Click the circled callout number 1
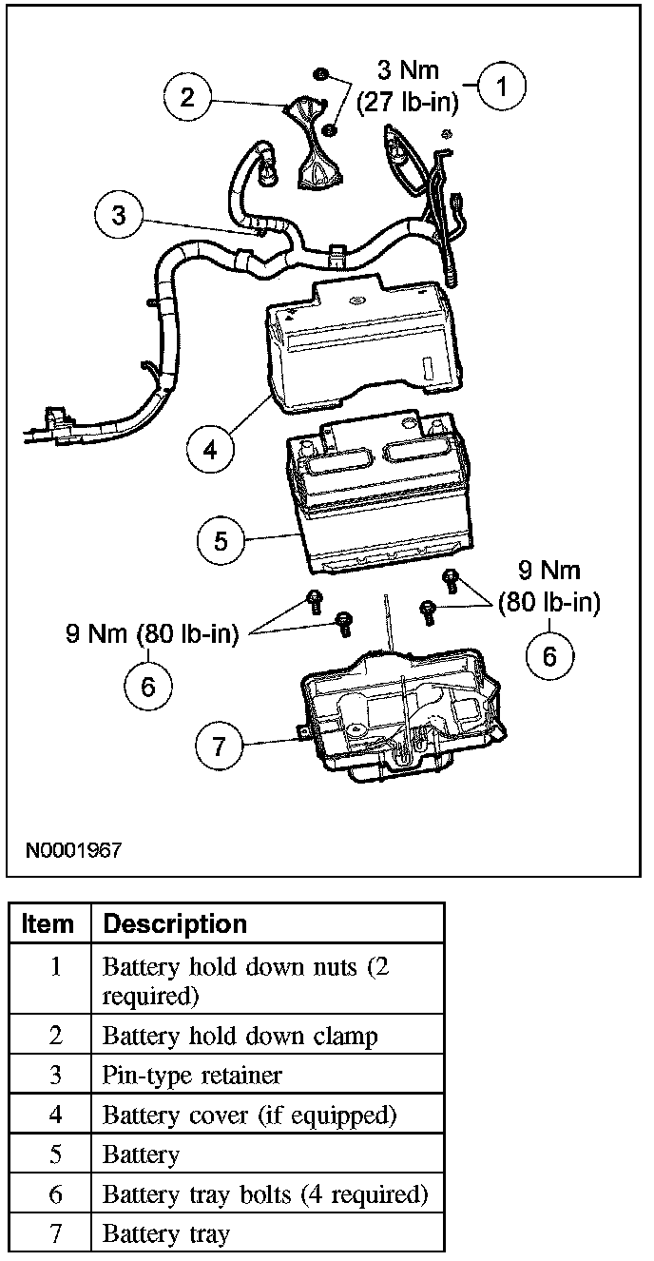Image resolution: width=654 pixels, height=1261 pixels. tap(504, 87)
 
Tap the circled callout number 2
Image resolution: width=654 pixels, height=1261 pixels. tap(189, 98)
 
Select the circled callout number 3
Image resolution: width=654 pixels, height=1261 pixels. tap(119, 215)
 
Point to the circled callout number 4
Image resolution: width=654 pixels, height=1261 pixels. tap(211, 448)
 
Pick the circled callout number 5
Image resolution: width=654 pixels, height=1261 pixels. tap(221, 540)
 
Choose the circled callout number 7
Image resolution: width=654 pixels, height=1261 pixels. tap(220, 746)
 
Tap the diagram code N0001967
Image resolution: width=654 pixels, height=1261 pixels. tap(73, 849)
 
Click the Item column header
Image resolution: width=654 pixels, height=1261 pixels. tap(48, 923)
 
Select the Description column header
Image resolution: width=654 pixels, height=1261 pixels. tap(174, 923)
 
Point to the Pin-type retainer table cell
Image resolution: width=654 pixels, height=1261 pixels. tap(192, 1075)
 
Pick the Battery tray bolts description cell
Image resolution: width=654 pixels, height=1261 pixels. tap(265, 1193)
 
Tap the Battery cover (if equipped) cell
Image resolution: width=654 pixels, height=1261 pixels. tap(249, 1115)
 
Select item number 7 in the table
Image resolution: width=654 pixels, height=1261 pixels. tap(55, 1233)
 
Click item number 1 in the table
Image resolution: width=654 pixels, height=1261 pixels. tap(55, 967)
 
